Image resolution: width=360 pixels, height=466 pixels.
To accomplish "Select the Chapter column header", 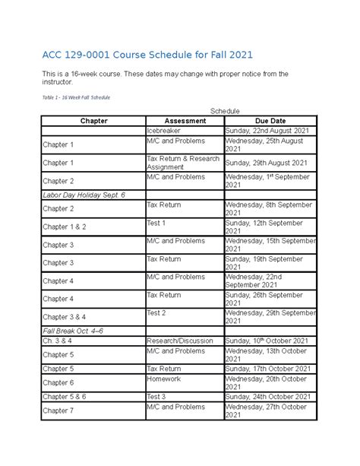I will click(x=93, y=121).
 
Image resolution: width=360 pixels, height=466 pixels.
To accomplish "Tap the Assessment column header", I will click(x=185, y=121).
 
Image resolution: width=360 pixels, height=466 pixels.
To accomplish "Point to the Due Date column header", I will click(x=270, y=121).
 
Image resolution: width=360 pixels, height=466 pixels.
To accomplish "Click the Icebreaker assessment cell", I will click(x=165, y=131).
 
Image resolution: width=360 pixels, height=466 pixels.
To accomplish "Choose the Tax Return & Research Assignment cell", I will click(x=183, y=163).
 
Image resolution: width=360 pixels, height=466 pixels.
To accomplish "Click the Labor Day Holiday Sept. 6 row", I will click(x=84, y=195).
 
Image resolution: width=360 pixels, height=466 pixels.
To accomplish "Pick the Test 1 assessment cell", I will click(x=156, y=223).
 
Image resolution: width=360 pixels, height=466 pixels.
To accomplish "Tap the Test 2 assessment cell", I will click(x=156, y=313).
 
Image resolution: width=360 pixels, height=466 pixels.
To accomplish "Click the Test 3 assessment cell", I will click(x=156, y=396).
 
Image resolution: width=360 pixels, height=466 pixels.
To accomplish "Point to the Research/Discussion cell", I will click(x=180, y=341).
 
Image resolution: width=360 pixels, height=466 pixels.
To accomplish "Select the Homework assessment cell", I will click(x=165, y=378).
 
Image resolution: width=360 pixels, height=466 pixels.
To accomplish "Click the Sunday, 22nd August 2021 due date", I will click(x=267, y=131).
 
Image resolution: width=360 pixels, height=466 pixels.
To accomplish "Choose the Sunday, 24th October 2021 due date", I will click(x=268, y=396).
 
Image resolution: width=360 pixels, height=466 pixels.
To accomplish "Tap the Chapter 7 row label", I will click(x=58, y=411).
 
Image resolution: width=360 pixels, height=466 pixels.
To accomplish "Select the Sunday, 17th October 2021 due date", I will click(x=268, y=369).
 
